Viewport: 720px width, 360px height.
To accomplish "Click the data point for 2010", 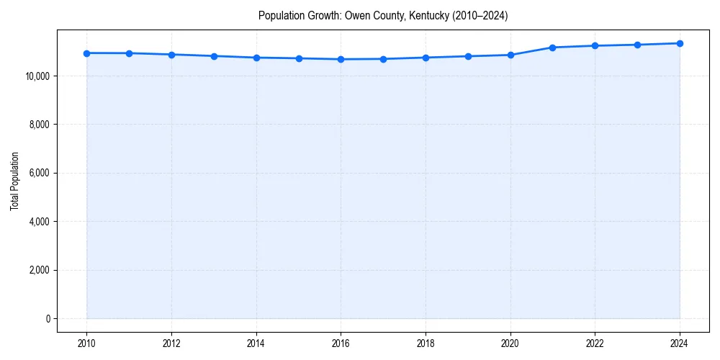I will tap(86, 53).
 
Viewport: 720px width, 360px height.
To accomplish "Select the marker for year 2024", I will tap(680, 43).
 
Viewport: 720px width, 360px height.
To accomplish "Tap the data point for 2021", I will tap(552, 48).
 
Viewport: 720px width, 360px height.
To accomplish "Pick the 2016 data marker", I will tap(341, 59).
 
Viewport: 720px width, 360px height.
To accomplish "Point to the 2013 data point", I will tap(214, 56).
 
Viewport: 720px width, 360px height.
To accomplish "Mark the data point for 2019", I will tap(468, 56).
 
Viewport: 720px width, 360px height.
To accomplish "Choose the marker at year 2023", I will tap(637, 45).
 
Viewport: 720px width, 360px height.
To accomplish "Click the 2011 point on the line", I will tap(129, 53).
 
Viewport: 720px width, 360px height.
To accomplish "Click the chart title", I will tap(383, 16).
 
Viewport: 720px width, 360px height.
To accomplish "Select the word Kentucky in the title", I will tap(429, 16).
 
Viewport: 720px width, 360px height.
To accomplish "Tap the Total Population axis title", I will tap(14, 181).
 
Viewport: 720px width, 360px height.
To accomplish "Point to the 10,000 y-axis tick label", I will tap(36, 76).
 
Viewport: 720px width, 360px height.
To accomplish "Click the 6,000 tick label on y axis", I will tap(38, 174).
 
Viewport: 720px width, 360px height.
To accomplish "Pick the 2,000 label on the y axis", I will tap(38, 271).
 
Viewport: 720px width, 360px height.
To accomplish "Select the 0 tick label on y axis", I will tap(48, 319).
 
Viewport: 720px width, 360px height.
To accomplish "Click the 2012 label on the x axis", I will tap(171, 343).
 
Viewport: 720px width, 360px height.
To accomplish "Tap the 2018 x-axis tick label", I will tap(426, 343).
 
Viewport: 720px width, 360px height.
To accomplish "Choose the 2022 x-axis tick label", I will tap(595, 343).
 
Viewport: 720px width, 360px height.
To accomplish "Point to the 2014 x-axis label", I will tap(256, 343).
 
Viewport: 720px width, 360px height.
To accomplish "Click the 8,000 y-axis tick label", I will tap(38, 125).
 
